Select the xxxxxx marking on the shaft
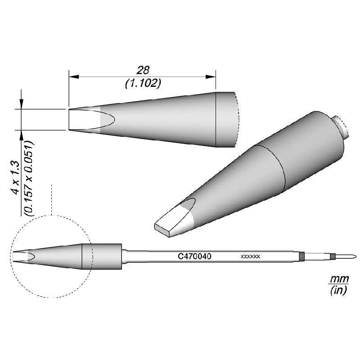tap(250, 256)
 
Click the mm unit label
tap(336, 280)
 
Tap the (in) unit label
tap(337, 291)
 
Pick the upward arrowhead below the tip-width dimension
tap(21, 134)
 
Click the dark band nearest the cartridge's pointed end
tap(332, 257)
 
